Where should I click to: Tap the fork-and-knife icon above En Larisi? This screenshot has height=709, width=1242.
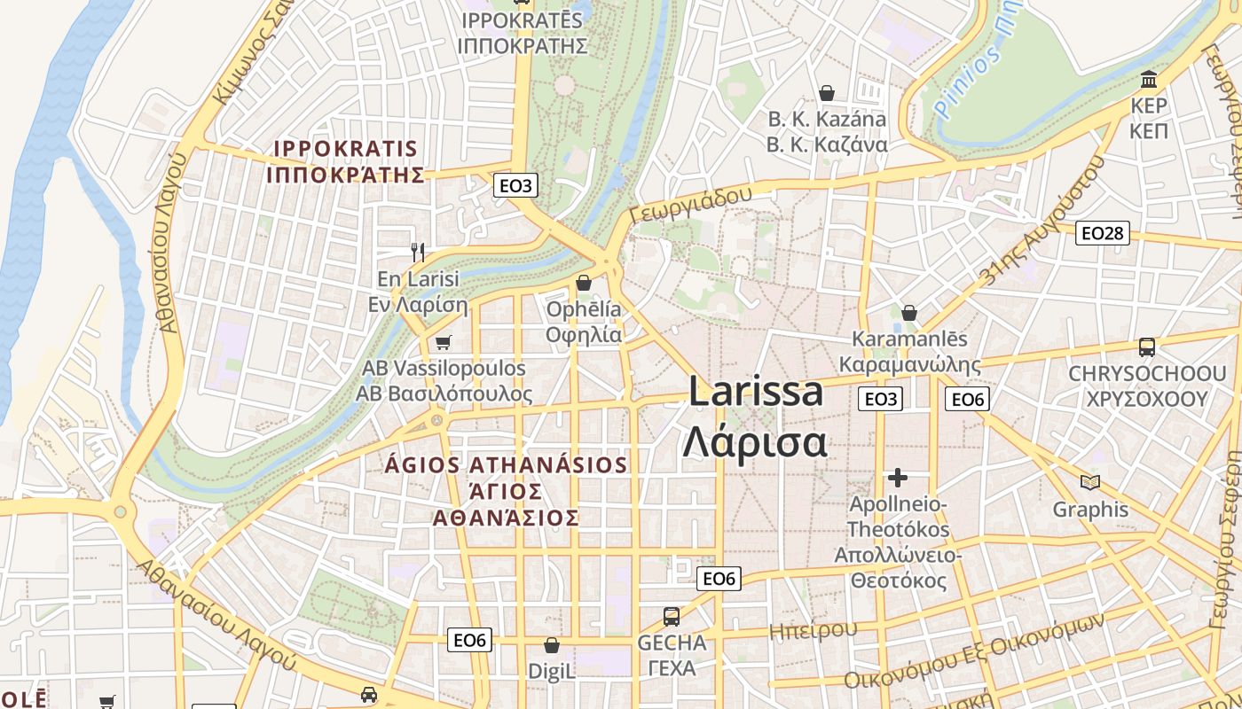point(419,252)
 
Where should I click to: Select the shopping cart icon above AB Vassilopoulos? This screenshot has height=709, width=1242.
point(443,342)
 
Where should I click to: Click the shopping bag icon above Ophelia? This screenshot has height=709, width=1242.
point(584,283)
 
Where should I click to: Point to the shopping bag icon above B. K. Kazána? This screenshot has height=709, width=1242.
point(827,92)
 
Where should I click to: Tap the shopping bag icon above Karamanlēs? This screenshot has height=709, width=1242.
point(909,313)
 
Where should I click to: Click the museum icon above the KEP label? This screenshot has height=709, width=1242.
point(1150,80)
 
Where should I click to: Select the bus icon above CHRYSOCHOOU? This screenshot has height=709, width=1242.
point(1146,347)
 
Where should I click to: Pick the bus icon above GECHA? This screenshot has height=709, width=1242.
point(672,616)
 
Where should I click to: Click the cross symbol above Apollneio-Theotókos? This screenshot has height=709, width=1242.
point(898,478)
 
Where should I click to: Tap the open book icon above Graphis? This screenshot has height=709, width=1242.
point(1090,482)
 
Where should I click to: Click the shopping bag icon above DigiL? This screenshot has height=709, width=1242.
point(552,645)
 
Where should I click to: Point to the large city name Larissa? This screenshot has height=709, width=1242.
point(756,392)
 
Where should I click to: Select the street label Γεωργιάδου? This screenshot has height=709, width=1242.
point(689,205)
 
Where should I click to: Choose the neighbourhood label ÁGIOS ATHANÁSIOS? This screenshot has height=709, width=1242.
point(507,465)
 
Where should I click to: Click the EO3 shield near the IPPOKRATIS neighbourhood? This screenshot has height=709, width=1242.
point(515,185)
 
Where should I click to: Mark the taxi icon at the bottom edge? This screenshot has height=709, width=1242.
point(369,695)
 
